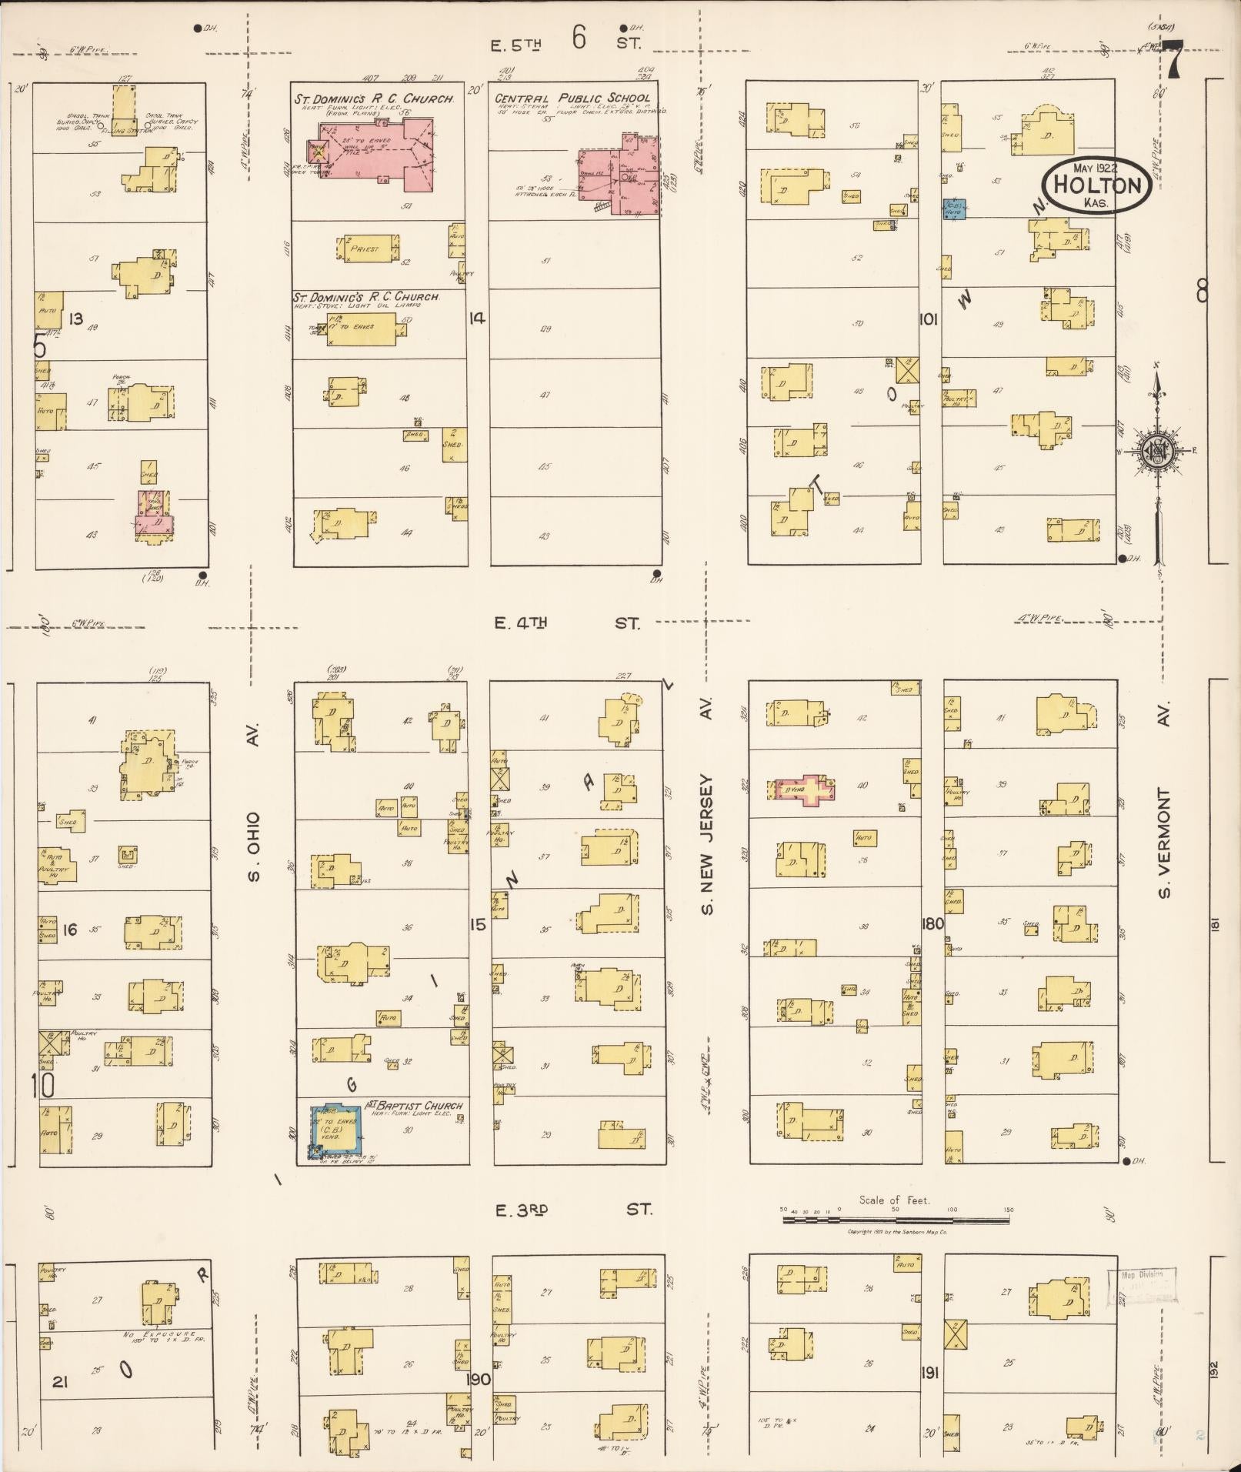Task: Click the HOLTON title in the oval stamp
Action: (1096, 185)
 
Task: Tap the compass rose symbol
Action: (1157, 450)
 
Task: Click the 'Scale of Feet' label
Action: (894, 1200)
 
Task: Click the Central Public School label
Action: (572, 98)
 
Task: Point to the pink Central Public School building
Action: (619, 173)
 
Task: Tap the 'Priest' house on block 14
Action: (368, 249)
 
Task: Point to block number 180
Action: (932, 923)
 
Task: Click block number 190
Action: (478, 1378)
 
